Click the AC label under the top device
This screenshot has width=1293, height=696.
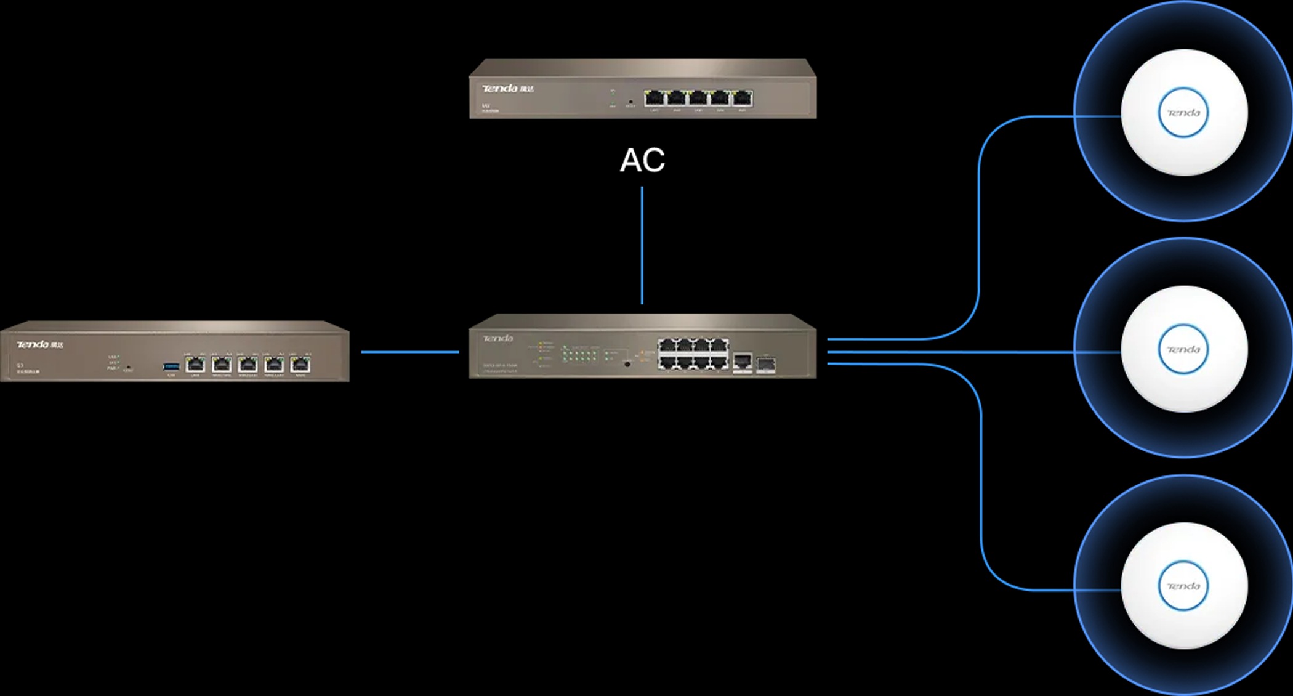pos(642,160)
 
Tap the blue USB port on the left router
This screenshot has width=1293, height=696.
pos(171,367)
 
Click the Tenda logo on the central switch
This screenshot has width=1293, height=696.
pos(497,338)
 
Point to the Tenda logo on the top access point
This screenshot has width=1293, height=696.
pos(1183,113)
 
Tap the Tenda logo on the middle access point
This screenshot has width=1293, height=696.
pos(1183,349)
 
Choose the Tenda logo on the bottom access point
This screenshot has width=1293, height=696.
pos(1183,586)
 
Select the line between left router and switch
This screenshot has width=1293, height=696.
pos(409,352)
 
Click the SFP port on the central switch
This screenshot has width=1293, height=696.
pos(765,364)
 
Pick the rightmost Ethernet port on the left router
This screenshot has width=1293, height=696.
pos(300,365)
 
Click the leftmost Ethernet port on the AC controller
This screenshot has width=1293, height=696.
pos(654,98)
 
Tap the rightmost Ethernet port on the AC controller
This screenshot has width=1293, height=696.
pos(743,98)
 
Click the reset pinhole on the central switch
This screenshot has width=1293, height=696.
pos(627,364)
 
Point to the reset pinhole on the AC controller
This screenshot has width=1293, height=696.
pos(630,101)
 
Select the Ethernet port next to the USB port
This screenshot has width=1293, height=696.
pos(195,365)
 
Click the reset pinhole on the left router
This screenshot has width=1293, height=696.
pos(128,367)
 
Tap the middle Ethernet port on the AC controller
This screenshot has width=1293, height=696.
pos(698,98)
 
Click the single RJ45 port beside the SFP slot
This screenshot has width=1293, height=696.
pos(743,361)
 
